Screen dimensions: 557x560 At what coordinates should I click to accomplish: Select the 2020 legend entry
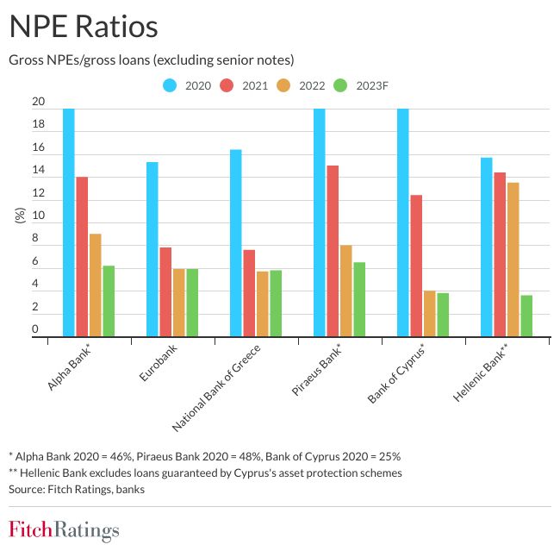pyautogui.click(x=187, y=84)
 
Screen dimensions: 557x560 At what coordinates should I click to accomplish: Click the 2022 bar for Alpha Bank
pyautogui.click(x=95, y=285)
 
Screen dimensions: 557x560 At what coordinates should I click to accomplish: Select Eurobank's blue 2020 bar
pyautogui.click(x=152, y=249)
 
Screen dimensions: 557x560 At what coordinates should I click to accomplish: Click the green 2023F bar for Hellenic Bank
pyautogui.click(x=526, y=316)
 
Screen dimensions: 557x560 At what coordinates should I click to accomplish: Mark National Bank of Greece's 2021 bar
pyautogui.click(x=249, y=293)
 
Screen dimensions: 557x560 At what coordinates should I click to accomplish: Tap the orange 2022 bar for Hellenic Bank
pyautogui.click(x=513, y=259)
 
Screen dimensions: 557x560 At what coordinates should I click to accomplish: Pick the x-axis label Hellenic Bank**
pyautogui.click(x=483, y=372)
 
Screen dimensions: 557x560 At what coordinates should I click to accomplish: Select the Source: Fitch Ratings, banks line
pyautogui.click(x=77, y=489)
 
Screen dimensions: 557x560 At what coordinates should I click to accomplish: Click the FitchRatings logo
pyautogui.click(x=64, y=529)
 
